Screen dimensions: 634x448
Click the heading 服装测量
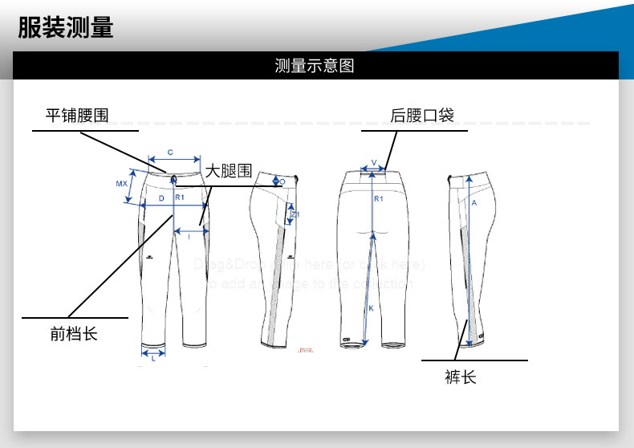coord(66,27)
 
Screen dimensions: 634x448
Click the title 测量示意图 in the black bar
coord(315,66)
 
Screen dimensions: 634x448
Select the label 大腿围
coord(228,171)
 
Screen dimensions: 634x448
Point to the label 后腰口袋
coord(421,116)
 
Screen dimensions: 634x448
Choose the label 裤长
coord(461,377)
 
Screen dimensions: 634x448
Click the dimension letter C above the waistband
coord(170,152)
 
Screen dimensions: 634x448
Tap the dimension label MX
coord(121,184)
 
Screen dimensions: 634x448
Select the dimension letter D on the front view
coord(161,198)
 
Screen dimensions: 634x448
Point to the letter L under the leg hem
coord(153,359)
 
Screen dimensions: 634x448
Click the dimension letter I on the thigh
coord(188,236)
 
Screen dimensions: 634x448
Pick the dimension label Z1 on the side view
coord(296,215)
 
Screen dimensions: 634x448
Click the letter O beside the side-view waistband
coord(282,182)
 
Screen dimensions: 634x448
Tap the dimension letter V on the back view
coord(373,162)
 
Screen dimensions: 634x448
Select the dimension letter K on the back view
coord(370,307)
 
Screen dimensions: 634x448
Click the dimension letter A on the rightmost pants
coord(474,203)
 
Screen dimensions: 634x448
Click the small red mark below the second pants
coord(304,350)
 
